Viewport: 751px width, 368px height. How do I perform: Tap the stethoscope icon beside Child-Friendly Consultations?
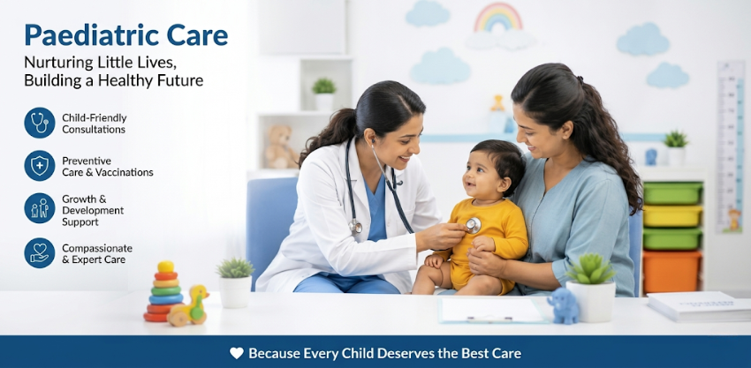(x=40, y=123)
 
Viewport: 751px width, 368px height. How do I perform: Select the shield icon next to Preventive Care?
(x=40, y=166)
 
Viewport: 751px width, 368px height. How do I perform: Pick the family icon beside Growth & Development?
(x=40, y=208)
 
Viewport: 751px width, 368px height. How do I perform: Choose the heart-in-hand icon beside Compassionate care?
(x=40, y=252)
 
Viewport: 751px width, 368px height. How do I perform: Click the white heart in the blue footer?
(x=237, y=353)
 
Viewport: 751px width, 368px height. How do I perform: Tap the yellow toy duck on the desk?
(x=189, y=306)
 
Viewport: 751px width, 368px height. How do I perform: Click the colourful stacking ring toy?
(x=163, y=291)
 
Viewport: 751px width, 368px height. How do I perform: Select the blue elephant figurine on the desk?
(x=564, y=305)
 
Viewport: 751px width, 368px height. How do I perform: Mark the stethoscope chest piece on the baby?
(x=474, y=225)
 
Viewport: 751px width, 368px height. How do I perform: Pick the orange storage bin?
(x=672, y=271)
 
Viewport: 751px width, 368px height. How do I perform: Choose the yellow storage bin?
(x=672, y=216)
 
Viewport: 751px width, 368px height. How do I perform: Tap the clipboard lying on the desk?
(x=492, y=311)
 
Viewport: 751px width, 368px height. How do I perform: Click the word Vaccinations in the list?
(x=124, y=172)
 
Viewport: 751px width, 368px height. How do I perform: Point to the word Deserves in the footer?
(x=418, y=354)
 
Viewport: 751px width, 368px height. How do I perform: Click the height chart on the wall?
(x=730, y=146)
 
